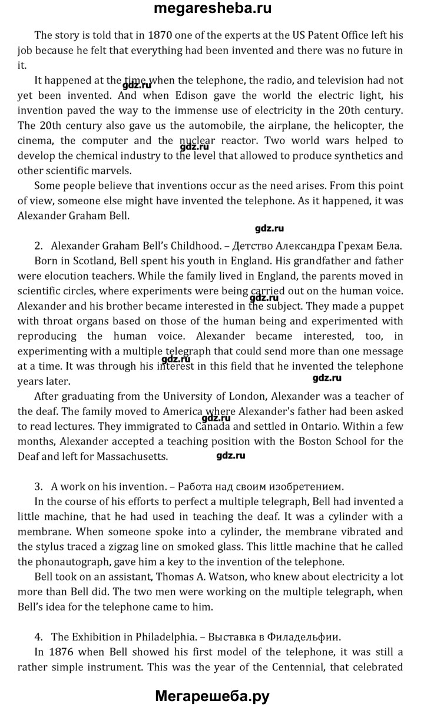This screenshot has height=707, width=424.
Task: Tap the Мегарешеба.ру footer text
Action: tap(212, 696)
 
